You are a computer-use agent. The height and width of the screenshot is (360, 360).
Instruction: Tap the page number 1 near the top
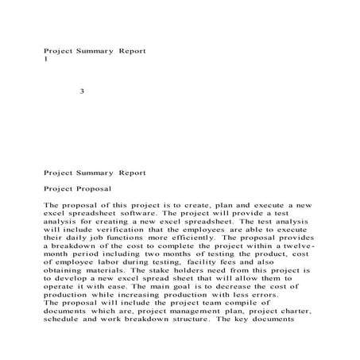46,59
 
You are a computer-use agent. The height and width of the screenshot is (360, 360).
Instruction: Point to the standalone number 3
82,91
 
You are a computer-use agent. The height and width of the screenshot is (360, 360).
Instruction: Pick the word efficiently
208,237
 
